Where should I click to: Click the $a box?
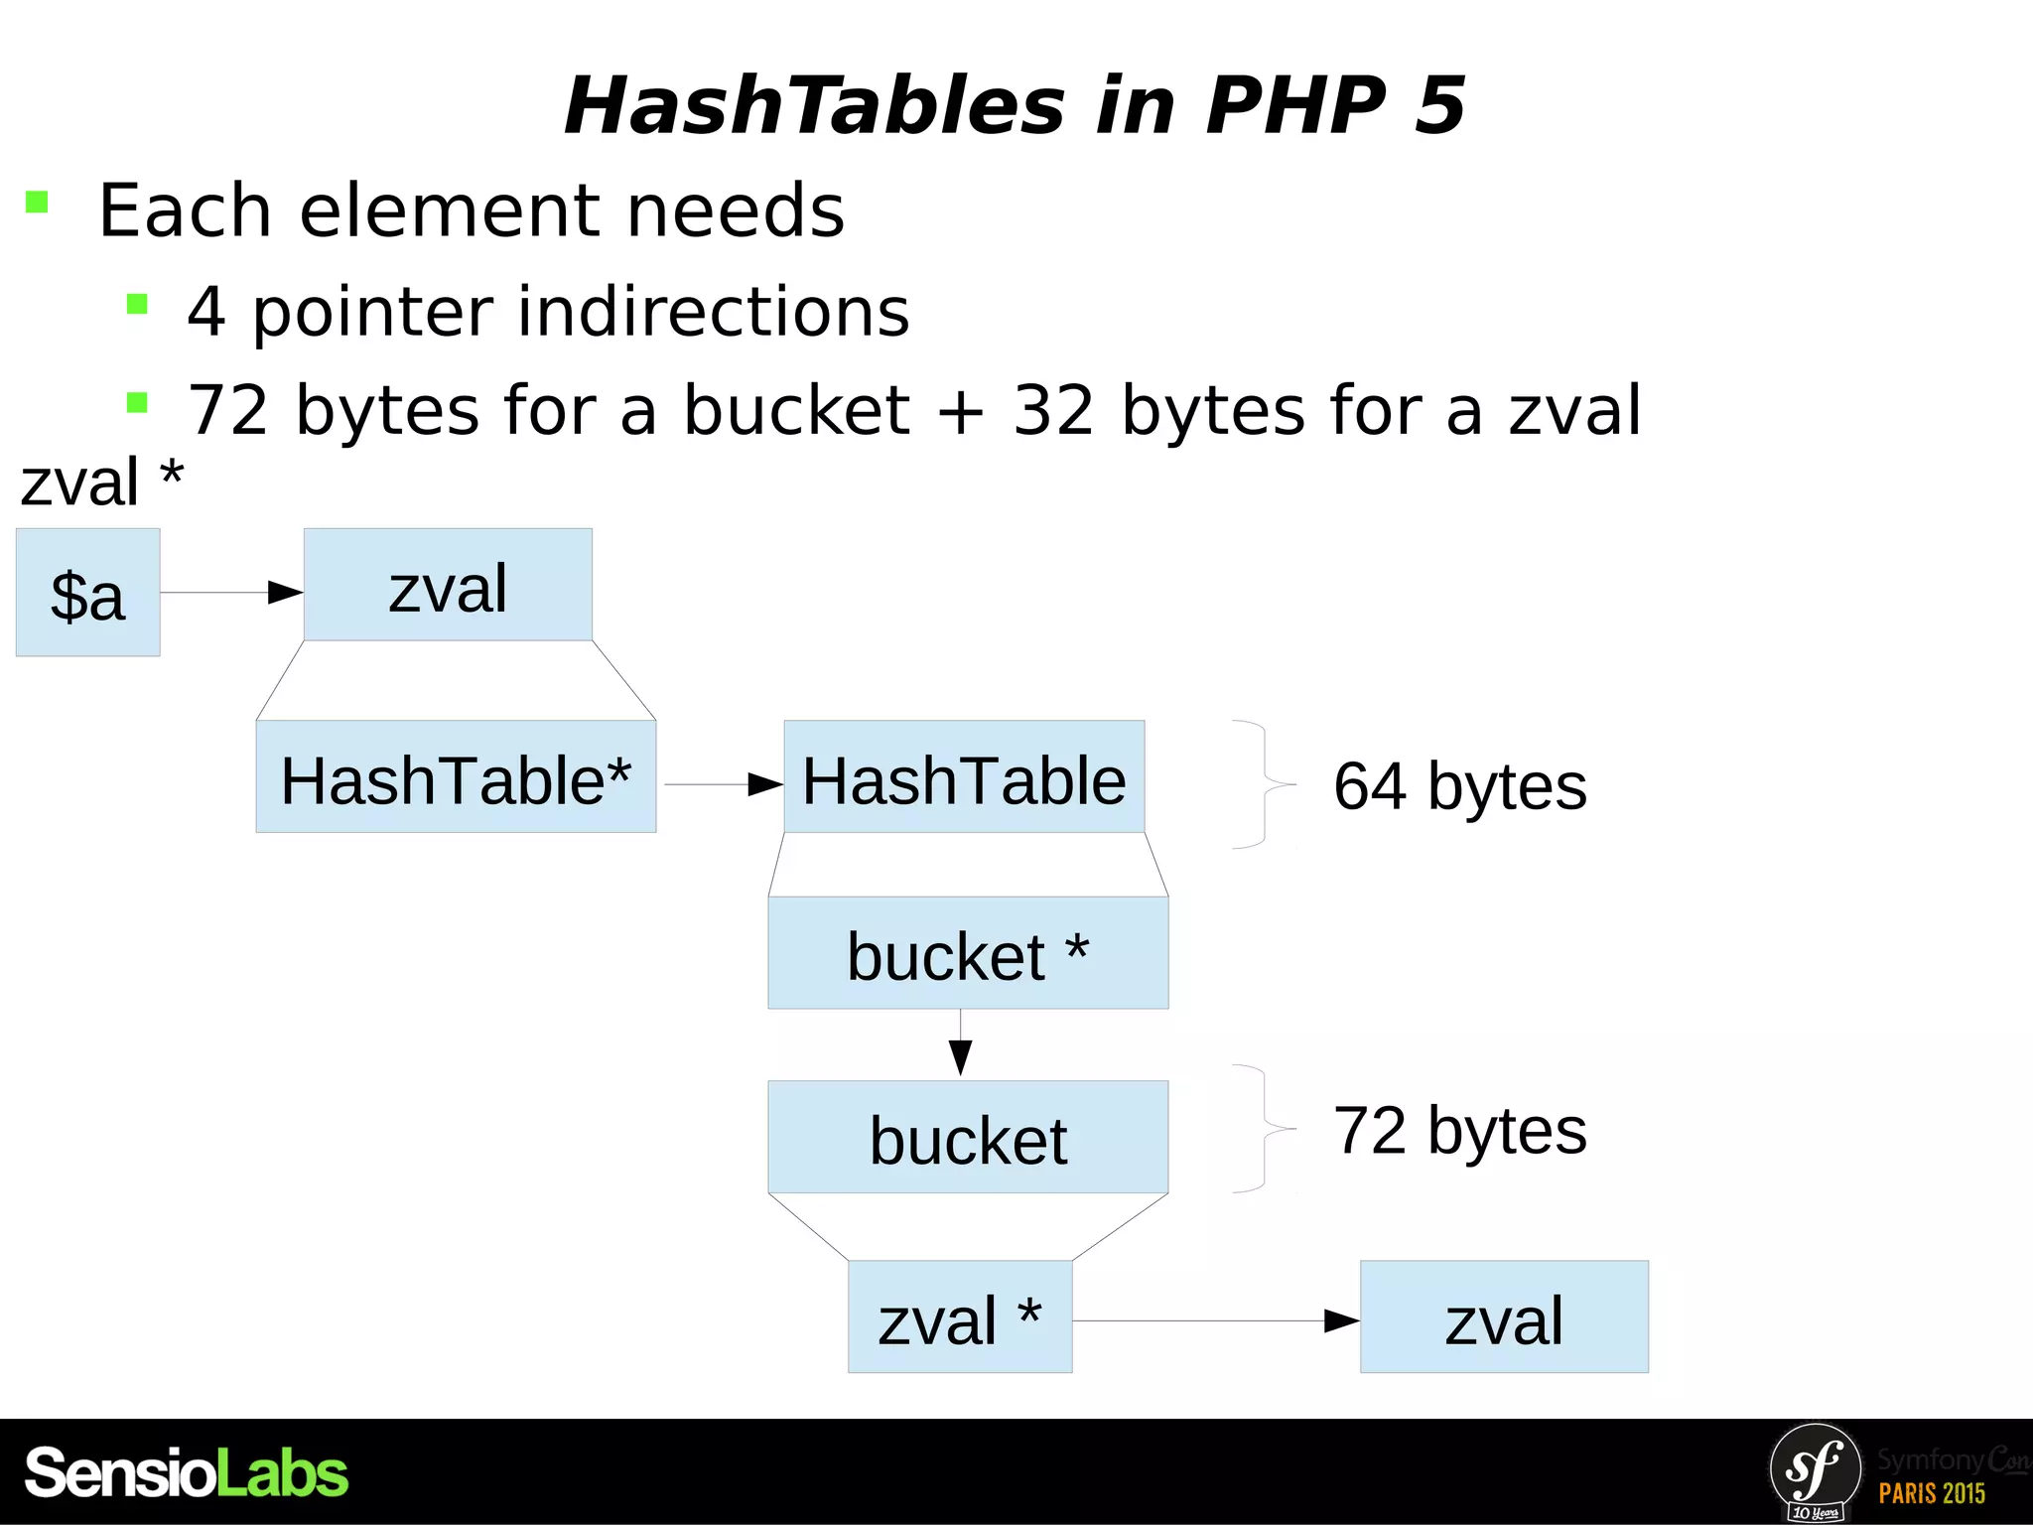[87, 593]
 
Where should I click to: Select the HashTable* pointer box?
[456, 776]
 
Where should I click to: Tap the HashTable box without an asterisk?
[964, 776]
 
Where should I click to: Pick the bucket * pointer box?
[968, 953]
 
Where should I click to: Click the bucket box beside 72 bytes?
[968, 1137]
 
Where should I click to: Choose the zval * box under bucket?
[960, 1317]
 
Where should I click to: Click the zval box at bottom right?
[1504, 1317]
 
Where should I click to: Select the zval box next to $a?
[448, 585]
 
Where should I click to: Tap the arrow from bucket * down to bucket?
[960, 1042]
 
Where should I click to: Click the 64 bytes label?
[1459, 786]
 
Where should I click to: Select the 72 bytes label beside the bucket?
[1459, 1131]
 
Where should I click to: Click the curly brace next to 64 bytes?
[1265, 784]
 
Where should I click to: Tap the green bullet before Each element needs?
[37, 203]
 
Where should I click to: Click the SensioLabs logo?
[187, 1472]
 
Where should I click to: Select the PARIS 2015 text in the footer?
[1931, 1493]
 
